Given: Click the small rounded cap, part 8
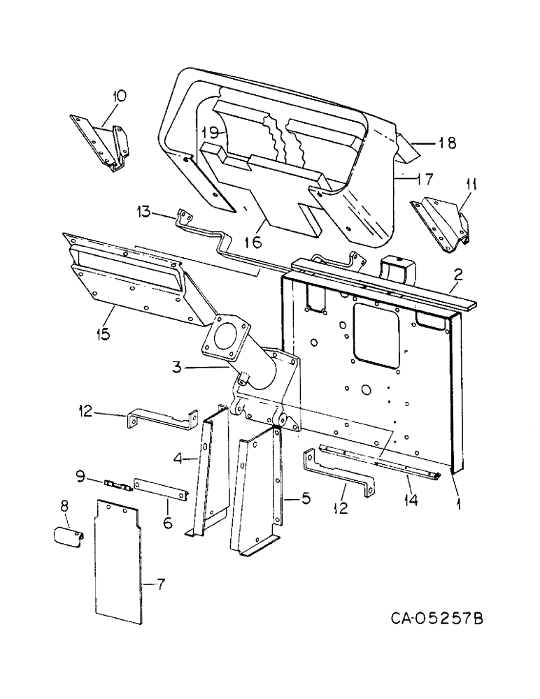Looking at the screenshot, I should [69, 538].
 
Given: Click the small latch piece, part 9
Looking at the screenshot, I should [116, 484].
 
